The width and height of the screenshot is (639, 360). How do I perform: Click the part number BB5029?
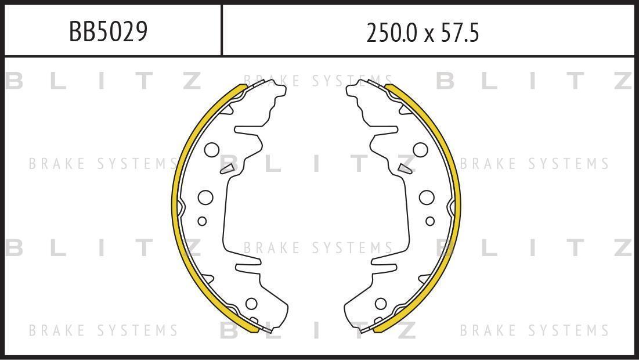(x=108, y=31)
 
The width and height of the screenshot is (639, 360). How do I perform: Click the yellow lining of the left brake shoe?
(x=175, y=204)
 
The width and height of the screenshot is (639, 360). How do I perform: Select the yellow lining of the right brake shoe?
(x=458, y=204)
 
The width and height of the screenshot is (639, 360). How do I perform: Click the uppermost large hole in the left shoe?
(x=211, y=150)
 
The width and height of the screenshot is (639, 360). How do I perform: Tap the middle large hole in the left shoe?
(x=206, y=197)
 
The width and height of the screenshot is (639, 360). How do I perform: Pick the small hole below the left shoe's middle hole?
(x=202, y=221)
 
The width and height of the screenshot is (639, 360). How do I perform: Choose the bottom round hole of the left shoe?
(x=251, y=303)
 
